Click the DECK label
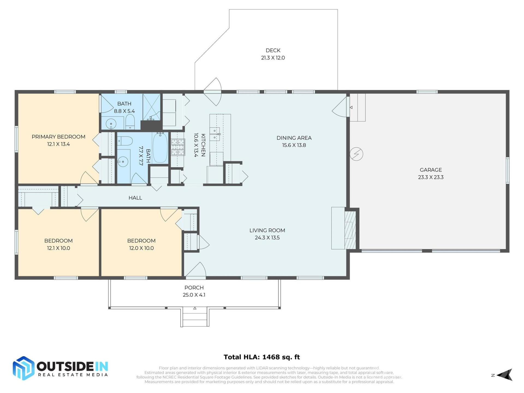[273, 50]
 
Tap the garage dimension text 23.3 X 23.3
[431, 177]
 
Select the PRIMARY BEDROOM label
[58, 137]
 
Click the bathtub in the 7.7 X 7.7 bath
[160, 148]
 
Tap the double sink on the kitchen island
[215, 134]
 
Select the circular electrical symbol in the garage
[356, 154]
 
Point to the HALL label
[135, 198]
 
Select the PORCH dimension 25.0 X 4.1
[194, 295]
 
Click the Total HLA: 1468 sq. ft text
[262, 357]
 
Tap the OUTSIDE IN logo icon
[23, 368]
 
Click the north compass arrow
[505, 375]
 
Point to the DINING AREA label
[294, 138]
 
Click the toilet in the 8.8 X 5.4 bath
[130, 121]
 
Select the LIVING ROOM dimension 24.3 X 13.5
[267, 238]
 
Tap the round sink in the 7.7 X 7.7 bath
[123, 162]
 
